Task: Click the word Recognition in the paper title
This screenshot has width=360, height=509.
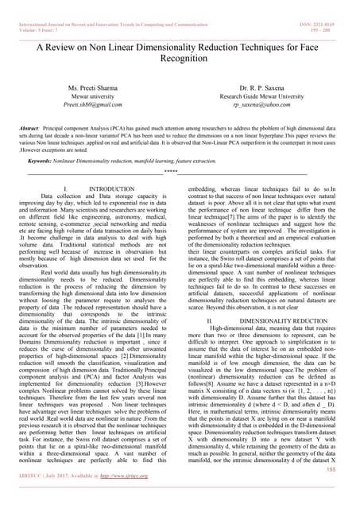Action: pos(180,58)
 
